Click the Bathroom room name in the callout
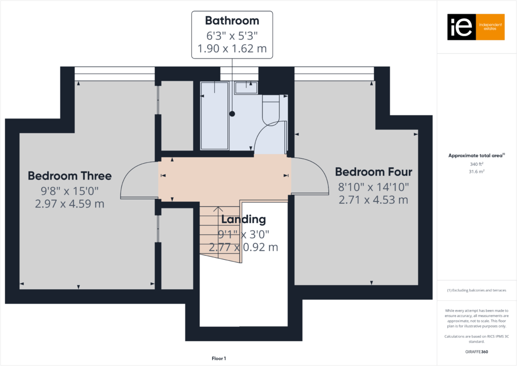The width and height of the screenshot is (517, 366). click(232, 21)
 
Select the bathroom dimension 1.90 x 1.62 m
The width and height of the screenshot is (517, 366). click(232, 50)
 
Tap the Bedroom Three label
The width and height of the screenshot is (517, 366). click(70, 176)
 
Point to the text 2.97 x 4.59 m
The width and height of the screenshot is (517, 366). click(70, 204)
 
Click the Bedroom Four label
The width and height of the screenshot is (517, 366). click(373, 171)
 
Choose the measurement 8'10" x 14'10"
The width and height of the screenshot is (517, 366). click(373, 187)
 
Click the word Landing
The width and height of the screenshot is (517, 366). click(243, 220)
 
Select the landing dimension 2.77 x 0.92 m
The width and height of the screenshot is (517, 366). click(248, 248)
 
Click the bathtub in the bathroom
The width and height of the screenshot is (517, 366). click(214, 115)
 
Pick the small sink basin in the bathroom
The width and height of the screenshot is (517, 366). click(246, 87)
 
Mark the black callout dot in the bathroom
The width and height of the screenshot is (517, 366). click(232, 114)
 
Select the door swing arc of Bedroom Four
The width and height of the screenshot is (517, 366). click(313, 175)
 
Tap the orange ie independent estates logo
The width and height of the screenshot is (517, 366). click(476, 27)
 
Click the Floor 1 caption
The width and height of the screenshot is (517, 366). click(219, 359)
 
